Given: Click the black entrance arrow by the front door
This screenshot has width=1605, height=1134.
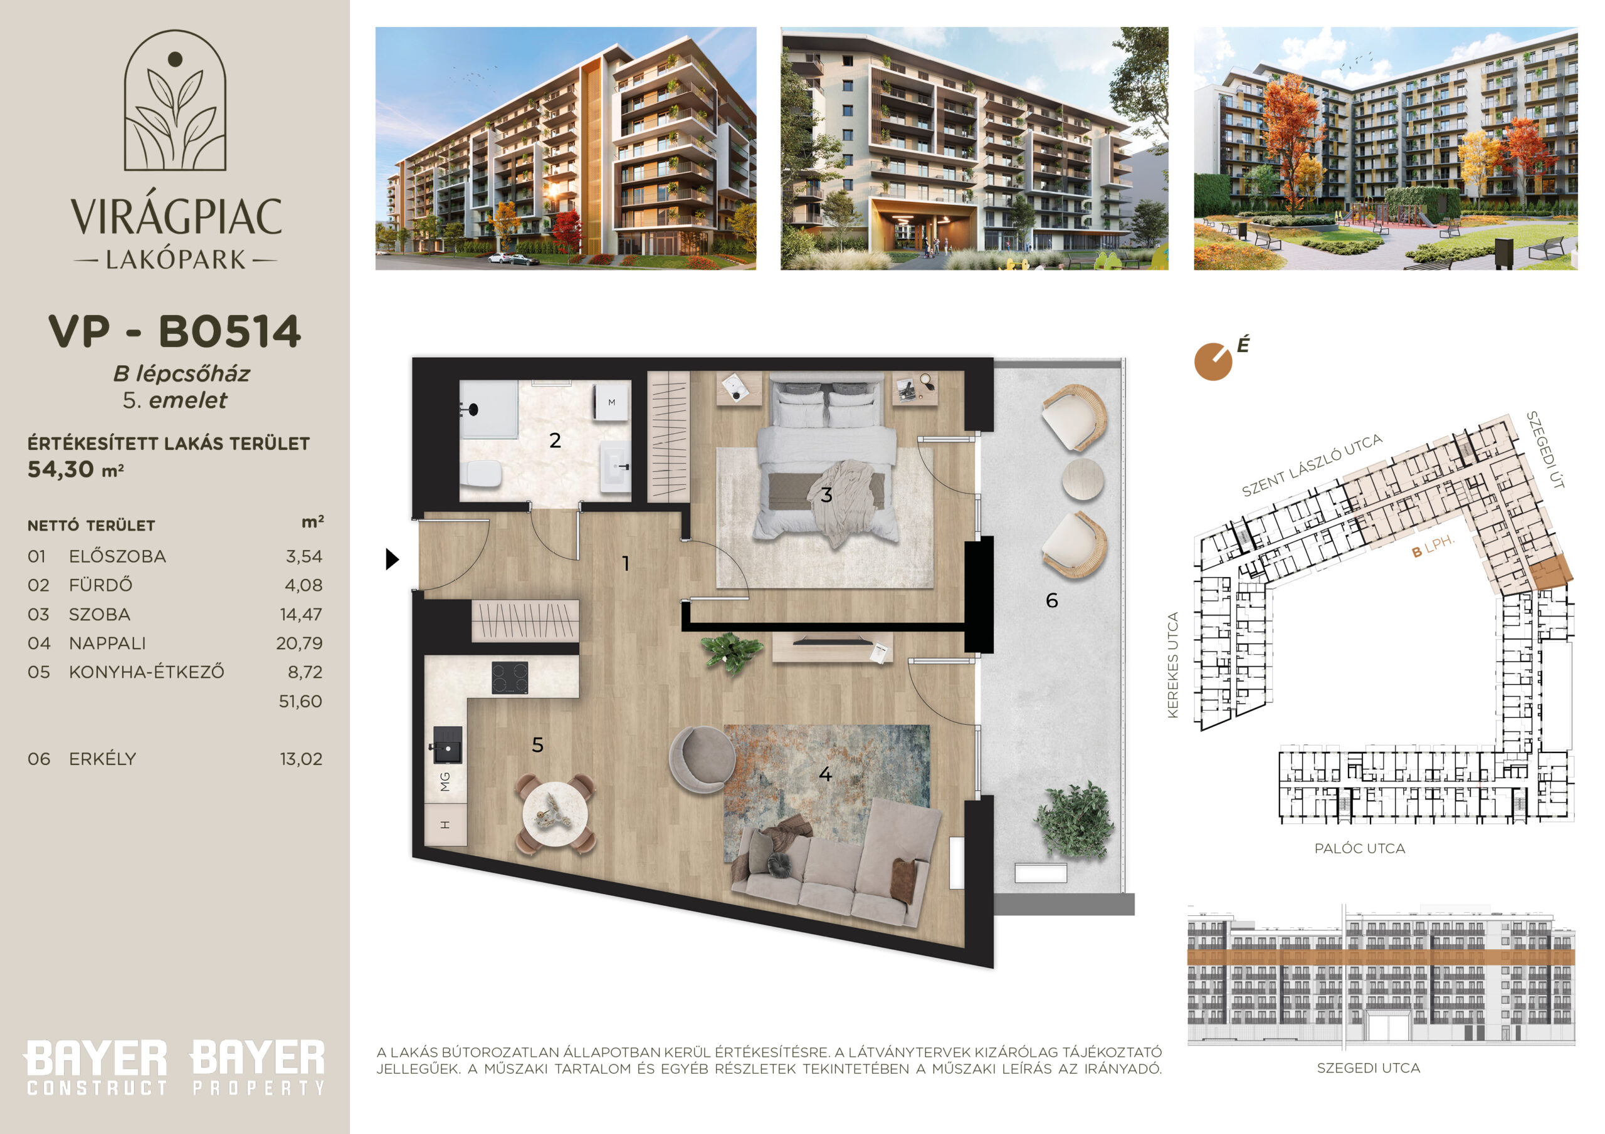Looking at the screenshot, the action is tap(392, 559).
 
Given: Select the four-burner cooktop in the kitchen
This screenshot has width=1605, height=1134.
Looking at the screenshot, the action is tap(510, 678).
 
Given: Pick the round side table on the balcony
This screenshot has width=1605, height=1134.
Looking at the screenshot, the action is tap(1083, 479).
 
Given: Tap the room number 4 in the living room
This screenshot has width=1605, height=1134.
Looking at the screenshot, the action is tap(825, 774).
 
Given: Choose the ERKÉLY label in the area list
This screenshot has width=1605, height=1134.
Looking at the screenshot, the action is tap(102, 759).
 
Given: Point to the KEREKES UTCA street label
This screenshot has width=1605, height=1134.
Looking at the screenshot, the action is tap(1173, 665).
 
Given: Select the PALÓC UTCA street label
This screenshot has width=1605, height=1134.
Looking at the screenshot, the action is tap(1360, 848).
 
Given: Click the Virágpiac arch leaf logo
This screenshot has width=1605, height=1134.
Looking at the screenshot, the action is tap(176, 100).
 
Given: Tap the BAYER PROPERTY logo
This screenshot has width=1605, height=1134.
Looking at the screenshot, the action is tap(257, 1067).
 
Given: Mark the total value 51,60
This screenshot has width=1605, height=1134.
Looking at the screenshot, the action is tap(300, 702).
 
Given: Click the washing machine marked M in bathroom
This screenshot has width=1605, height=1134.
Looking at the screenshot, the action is tap(612, 402).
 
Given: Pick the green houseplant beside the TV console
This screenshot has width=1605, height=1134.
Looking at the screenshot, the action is tap(731, 652).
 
